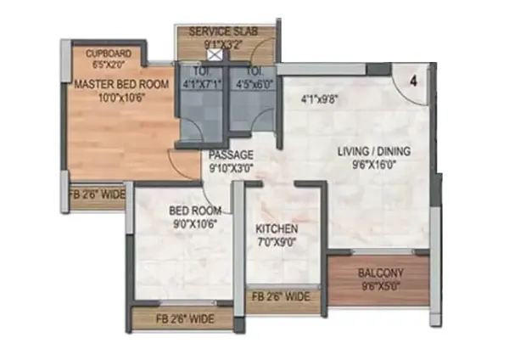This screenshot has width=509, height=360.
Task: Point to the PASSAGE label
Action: (x=231, y=155)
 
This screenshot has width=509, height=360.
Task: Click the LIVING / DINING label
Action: (x=374, y=151)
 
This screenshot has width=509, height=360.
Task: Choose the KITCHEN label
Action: (x=277, y=229)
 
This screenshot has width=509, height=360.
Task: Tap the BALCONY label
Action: (x=380, y=273)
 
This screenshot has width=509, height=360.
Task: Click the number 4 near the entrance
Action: (x=413, y=82)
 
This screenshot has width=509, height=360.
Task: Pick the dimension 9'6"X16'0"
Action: (x=374, y=165)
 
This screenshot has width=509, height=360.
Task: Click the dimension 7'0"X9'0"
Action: (x=277, y=242)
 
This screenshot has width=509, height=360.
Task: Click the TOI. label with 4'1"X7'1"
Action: (x=201, y=70)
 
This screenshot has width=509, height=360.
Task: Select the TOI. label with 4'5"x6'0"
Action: (x=255, y=70)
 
